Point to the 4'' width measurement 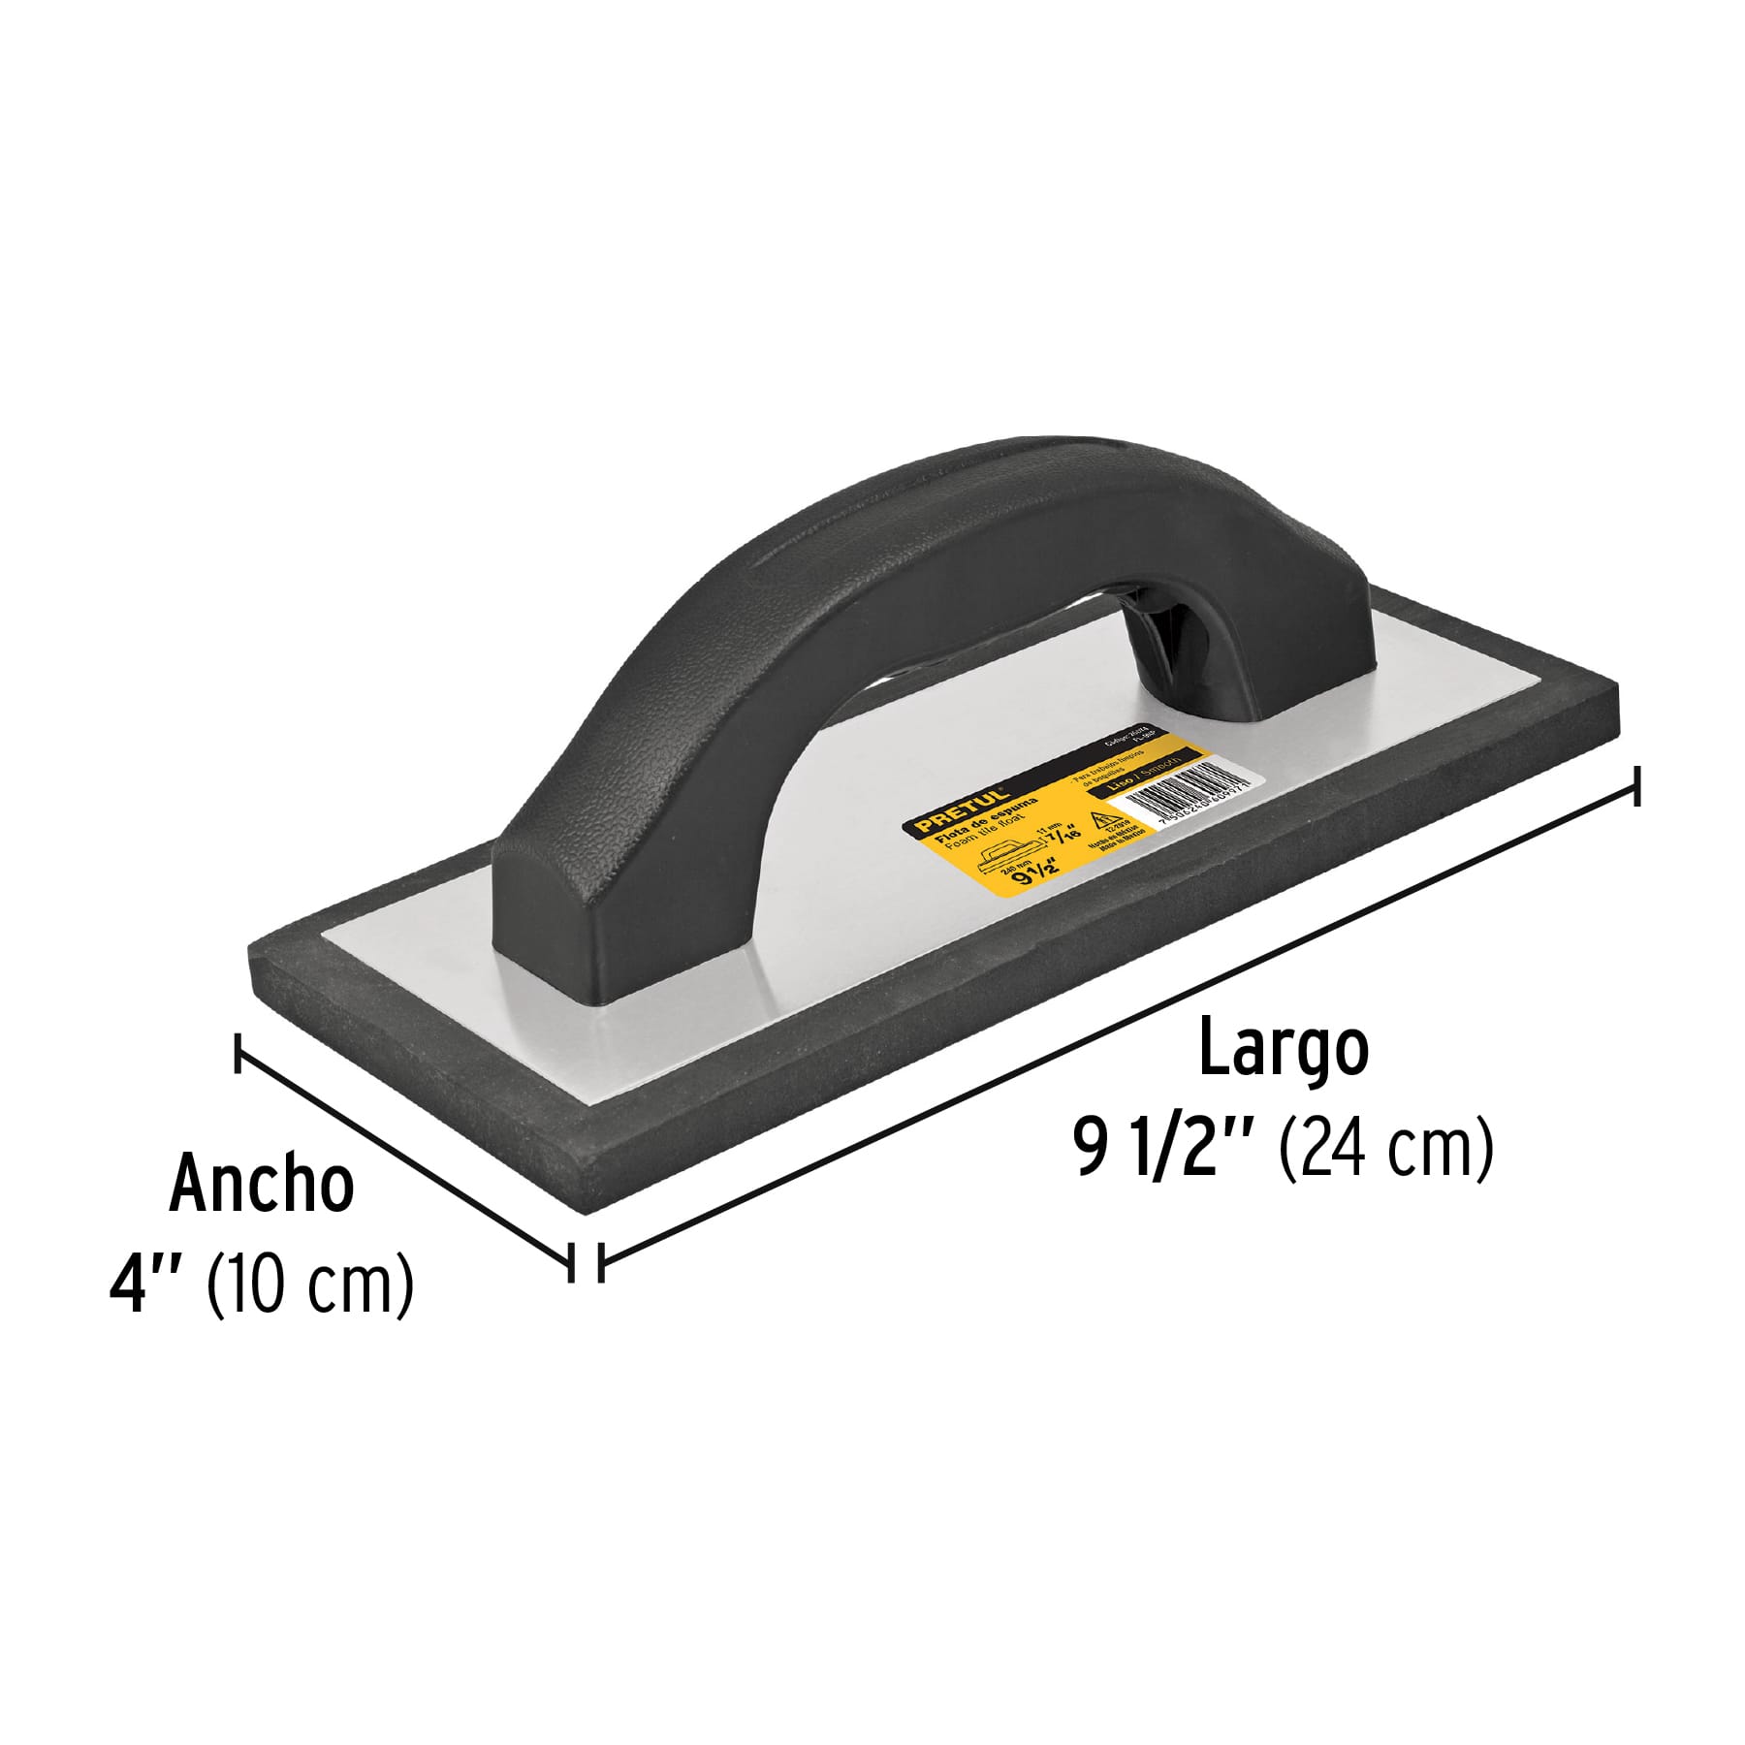pyautogui.click(x=145, y=1285)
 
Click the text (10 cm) pyautogui.click(x=310, y=1285)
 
